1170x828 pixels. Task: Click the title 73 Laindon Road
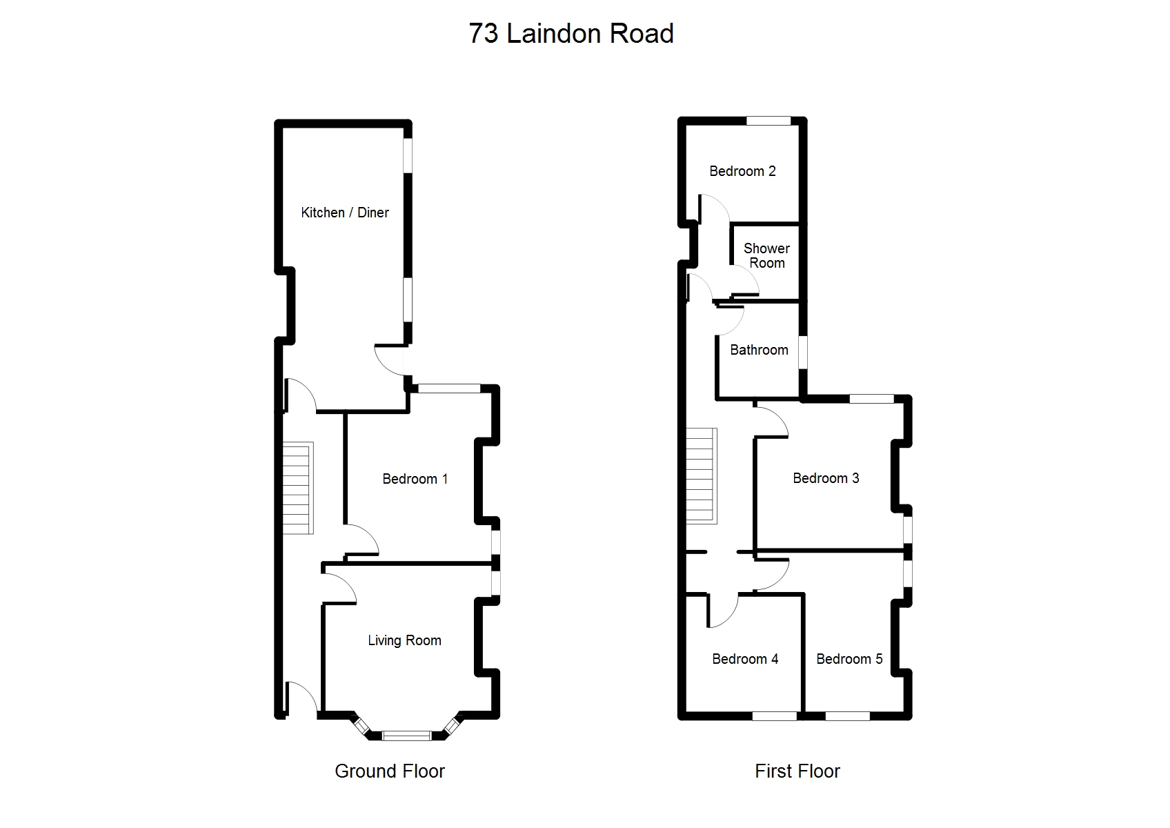pos(571,34)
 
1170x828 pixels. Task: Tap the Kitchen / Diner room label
pos(345,213)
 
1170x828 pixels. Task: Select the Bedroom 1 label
pos(415,479)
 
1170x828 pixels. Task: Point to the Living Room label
pos(404,640)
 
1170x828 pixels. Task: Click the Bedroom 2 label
pos(742,171)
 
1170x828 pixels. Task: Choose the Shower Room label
pos(766,255)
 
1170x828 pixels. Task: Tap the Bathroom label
pos(759,350)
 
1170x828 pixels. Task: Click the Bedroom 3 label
pos(826,479)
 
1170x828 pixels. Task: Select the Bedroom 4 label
pos(745,659)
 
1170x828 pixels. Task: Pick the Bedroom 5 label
pos(849,659)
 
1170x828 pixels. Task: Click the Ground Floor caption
pos(390,771)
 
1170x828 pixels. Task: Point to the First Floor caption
pos(797,771)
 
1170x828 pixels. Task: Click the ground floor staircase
pos(298,488)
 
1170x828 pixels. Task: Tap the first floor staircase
pos(702,476)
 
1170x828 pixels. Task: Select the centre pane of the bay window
pos(406,736)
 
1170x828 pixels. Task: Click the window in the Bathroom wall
pos(803,353)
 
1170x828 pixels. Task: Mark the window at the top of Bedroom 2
pos(769,121)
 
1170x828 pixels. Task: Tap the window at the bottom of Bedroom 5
pos(848,716)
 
